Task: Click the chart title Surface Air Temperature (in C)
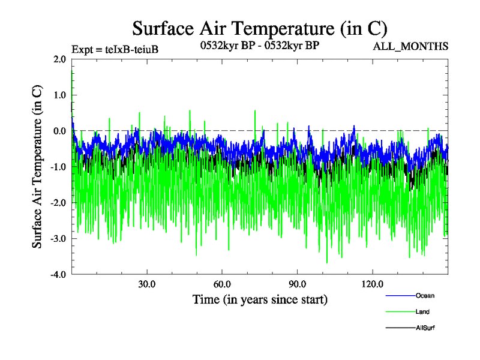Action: click(259, 28)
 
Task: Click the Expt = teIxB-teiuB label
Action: click(115, 50)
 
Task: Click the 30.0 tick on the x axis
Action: click(146, 283)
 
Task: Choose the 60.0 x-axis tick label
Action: click(222, 283)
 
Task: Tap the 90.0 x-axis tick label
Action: click(298, 283)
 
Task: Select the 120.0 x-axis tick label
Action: click(373, 283)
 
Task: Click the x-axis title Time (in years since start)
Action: click(260, 299)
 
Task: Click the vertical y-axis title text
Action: click(37, 167)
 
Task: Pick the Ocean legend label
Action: click(425, 295)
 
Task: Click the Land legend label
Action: click(422, 311)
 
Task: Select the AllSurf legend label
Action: click(425, 328)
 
